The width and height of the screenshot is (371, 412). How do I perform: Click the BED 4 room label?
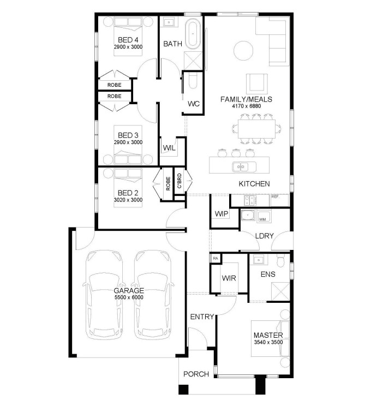(128, 40)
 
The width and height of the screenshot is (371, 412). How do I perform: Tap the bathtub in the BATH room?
(194, 34)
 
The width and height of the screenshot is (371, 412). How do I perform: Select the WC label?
(193, 104)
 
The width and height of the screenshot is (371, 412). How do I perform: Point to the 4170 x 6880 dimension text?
(246, 106)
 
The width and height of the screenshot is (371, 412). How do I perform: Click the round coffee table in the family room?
(243, 50)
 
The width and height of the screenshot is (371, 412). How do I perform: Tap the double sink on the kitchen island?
(244, 166)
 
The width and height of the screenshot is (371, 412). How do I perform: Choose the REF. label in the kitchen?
(275, 196)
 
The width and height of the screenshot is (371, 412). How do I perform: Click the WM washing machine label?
(262, 219)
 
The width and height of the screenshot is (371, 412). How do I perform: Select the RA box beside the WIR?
(216, 259)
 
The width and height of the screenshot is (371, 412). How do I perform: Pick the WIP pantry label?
(221, 214)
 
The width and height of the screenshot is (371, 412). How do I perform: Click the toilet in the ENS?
(281, 260)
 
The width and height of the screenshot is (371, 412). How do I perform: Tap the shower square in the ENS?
(280, 291)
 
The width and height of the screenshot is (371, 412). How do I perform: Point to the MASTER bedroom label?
(268, 335)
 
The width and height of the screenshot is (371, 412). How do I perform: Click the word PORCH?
(196, 374)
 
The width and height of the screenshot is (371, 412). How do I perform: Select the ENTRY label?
(202, 317)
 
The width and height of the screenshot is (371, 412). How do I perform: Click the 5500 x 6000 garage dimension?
(129, 297)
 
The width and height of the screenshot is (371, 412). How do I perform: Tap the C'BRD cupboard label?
(179, 181)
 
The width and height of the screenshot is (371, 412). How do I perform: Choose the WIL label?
(169, 148)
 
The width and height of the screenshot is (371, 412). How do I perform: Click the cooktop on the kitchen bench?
(249, 200)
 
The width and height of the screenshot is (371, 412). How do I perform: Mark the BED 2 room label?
(128, 193)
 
